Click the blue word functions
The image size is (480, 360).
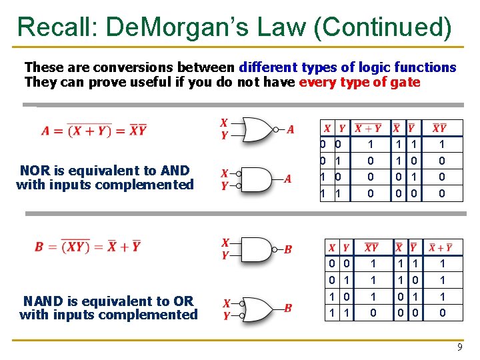click(x=425, y=67)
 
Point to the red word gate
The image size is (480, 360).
click(x=407, y=82)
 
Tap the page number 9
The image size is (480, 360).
click(x=459, y=347)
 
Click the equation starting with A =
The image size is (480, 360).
click(x=93, y=130)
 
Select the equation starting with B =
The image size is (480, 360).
click(x=88, y=246)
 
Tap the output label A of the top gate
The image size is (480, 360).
click(x=290, y=129)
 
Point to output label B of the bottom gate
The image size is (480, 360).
click(x=288, y=308)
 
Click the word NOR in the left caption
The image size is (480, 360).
click(x=35, y=171)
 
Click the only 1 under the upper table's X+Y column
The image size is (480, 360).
click(x=369, y=144)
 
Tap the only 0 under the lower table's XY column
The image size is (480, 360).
click(x=371, y=312)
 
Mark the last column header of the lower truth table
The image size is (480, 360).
click(x=441, y=247)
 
